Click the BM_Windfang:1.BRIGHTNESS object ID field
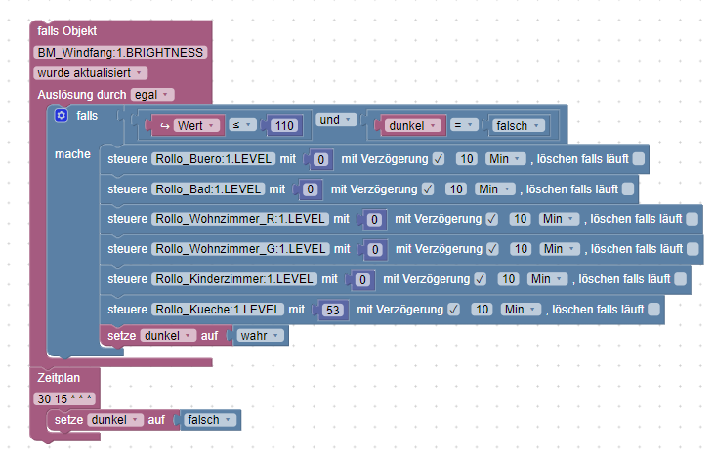[x=120, y=53]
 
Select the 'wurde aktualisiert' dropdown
[x=90, y=73]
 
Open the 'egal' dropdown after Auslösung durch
[x=152, y=95]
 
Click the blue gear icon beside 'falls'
[x=62, y=116]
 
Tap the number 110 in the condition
[x=284, y=126]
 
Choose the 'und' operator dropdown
[x=333, y=120]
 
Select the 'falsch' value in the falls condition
[x=517, y=126]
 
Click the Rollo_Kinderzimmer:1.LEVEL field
[x=234, y=279]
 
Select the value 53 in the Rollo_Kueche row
[x=334, y=311]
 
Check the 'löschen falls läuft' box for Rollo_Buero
[x=638, y=159]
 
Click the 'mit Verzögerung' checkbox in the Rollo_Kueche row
[x=453, y=311]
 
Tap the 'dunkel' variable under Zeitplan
[x=113, y=420]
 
